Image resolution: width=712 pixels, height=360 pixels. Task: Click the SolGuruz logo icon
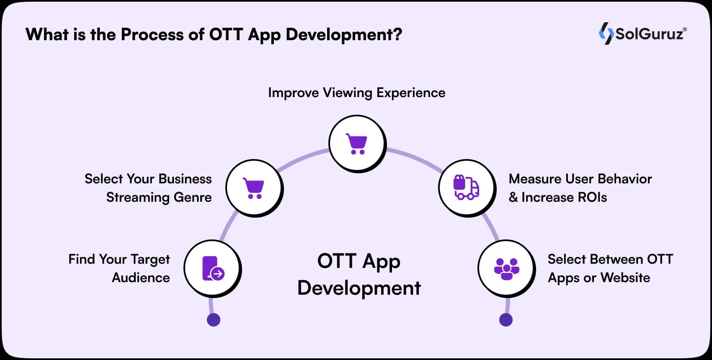click(606, 33)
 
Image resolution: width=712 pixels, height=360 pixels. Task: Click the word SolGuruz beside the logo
click(650, 34)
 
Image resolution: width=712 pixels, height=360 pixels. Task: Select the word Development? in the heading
click(344, 34)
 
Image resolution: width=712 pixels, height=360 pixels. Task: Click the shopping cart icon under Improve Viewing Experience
click(356, 144)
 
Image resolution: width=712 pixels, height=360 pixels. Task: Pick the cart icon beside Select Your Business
click(254, 188)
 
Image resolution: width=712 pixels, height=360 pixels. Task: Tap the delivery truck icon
click(466, 188)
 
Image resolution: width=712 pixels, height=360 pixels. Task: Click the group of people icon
click(506, 269)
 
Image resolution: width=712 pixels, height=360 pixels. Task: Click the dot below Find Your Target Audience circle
click(214, 320)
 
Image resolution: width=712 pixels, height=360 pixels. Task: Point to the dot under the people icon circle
click(506, 320)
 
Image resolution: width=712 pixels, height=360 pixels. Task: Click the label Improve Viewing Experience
click(356, 93)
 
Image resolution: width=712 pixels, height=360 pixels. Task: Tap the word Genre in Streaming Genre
click(193, 197)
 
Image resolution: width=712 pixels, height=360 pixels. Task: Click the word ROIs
click(592, 197)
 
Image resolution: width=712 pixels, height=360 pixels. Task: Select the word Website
click(625, 278)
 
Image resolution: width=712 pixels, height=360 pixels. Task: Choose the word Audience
click(141, 278)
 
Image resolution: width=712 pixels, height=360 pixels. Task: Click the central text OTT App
click(359, 261)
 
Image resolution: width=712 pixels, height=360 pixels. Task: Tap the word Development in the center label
click(359, 288)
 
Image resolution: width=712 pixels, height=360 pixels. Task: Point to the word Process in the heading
click(152, 34)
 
